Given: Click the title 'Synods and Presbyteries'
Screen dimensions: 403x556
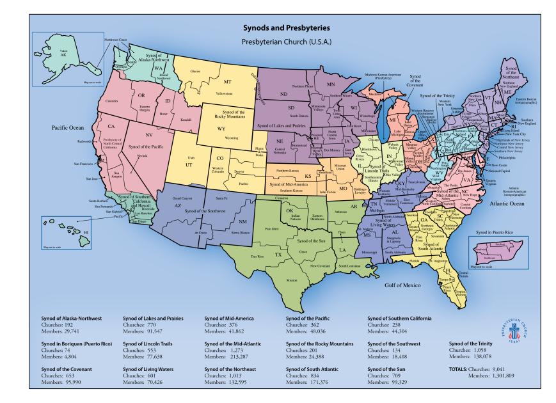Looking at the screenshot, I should pyautogui.click(x=278, y=29).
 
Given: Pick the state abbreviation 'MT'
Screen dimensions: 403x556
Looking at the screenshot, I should pyautogui.click(x=226, y=83).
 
